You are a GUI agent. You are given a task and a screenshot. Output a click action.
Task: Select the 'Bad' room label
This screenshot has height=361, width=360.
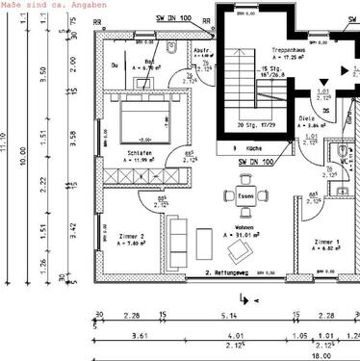click(137, 61)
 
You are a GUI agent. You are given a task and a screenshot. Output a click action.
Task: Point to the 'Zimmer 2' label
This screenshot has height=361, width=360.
click(130, 235)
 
